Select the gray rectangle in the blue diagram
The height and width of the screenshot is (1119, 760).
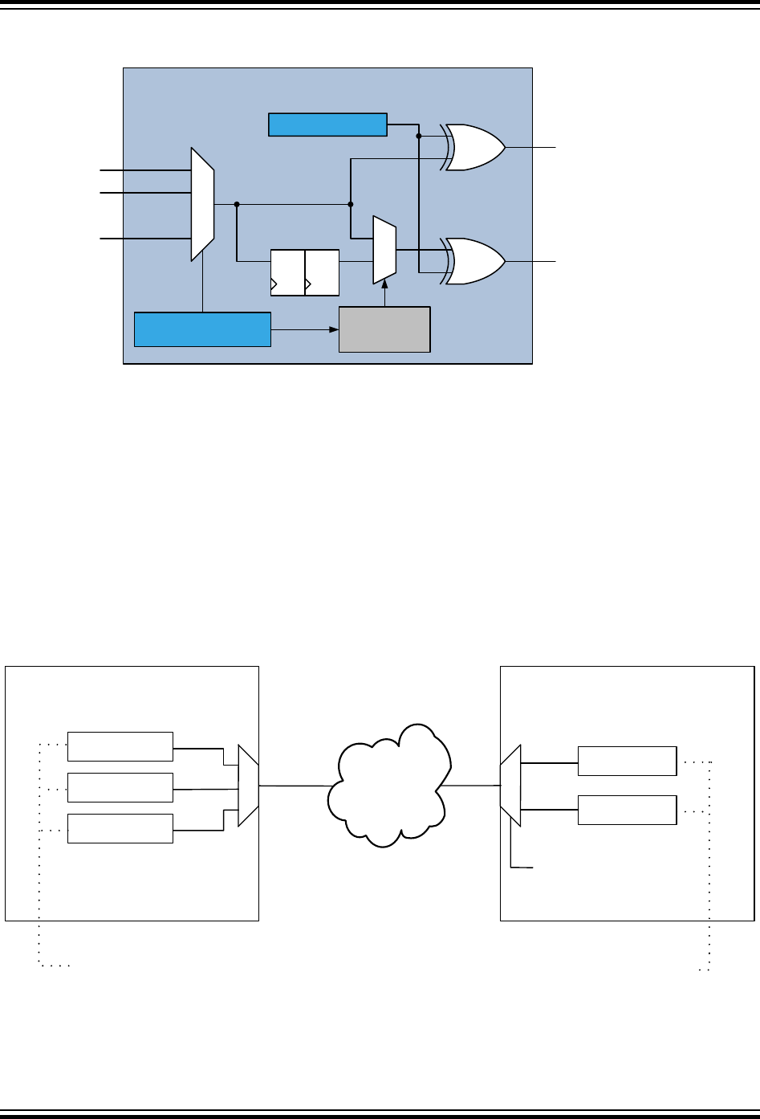(x=384, y=329)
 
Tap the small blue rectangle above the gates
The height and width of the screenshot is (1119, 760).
(x=327, y=125)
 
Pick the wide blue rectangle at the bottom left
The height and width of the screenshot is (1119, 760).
(x=202, y=330)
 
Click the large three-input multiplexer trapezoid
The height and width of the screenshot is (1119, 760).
(x=202, y=204)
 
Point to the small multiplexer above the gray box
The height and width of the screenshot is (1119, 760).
(x=384, y=249)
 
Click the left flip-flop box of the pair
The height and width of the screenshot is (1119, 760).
(x=288, y=273)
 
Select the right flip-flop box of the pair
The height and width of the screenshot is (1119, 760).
(x=322, y=273)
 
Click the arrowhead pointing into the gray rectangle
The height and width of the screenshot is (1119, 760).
(x=334, y=329)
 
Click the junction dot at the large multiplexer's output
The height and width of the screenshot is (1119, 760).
(x=237, y=204)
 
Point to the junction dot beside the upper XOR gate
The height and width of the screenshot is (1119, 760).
(x=419, y=136)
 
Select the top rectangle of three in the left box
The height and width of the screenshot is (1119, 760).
(x=120, y=746)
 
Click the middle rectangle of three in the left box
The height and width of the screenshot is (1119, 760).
(x=120, y=787)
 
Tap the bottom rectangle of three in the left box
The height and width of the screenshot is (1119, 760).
(x=120, y=828)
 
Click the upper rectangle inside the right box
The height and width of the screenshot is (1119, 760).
(x=627, y=761)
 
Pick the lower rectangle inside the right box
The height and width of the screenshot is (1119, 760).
(x=627, y=810)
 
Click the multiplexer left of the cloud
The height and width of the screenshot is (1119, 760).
(x=248, y=785)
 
